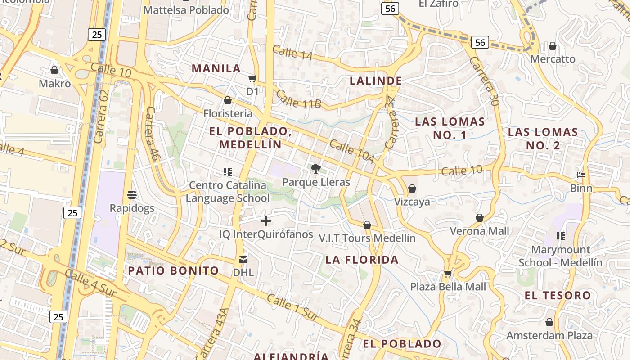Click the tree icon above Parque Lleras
pyautogui.click(x=316, y=169)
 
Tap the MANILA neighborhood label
pyautogui.click(x=216, y=68)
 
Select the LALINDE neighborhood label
pyautogui.click(x=376, y=81)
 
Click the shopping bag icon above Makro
pyautogui.click(x=54, y=70)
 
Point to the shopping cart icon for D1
pyautogui.click(x=252, y=79)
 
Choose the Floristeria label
pyautogui.click(x=228, y=113)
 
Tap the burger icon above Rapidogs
pyautogui.click(x=132, y=195)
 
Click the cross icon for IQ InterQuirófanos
pyautogui.click(x=266, y=221)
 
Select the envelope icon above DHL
pyautogui.click(x=243, y=259)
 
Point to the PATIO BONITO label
pyautogui.click(x=174, y=270)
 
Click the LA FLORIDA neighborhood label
pyautogui.click(x=362, y=260)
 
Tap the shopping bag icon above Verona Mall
pyautogui.click(x=480, y=218)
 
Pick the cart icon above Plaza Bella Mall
pyautogui.click(x=448, y=274)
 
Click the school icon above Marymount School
pyautogui.click(x=560, y=236)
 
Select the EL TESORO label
pyautogui.click(x=558, y=295)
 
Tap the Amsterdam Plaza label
pyautogui.click(x=549, y=336)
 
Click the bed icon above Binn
pyautogui.click(x=581, y=175)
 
